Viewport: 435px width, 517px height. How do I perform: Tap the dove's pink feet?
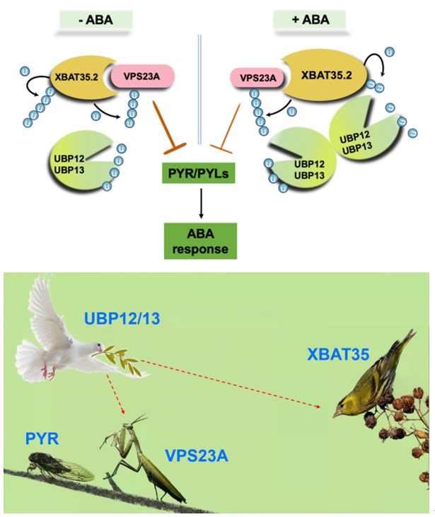[x=47, y=371]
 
